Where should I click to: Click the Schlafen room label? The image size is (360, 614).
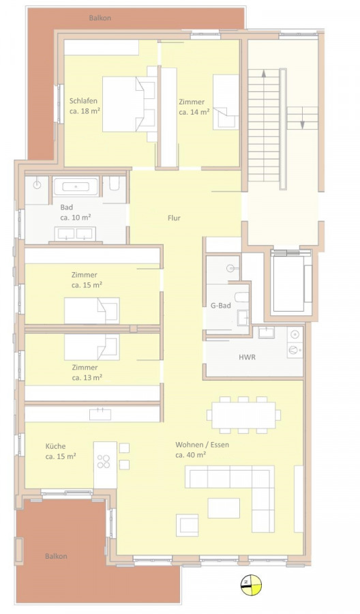(83, 101)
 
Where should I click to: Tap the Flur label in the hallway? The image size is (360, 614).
(174, 218)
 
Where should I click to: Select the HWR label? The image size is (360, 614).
(247, 357)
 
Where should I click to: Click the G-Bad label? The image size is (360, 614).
(221, 306)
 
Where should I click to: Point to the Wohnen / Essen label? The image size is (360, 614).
(202, 445)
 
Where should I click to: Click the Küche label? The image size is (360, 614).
(55, 446)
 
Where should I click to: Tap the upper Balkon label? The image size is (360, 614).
(100, 18)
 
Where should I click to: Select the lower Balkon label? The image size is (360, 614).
(56, 556)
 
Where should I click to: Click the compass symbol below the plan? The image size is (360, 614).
(251, 585)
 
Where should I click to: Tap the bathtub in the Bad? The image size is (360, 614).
(76, 186)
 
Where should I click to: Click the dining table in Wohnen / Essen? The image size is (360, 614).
(244, 415)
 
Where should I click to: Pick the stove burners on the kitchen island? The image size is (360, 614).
(104, 461)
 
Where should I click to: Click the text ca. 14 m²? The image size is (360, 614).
(194, 112)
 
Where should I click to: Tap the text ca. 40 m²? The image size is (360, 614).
(191, 455)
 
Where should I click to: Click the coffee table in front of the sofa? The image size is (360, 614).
(224, 508)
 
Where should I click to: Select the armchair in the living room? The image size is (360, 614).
(187, 525)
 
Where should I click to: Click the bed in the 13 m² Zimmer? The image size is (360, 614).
(92, 347)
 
